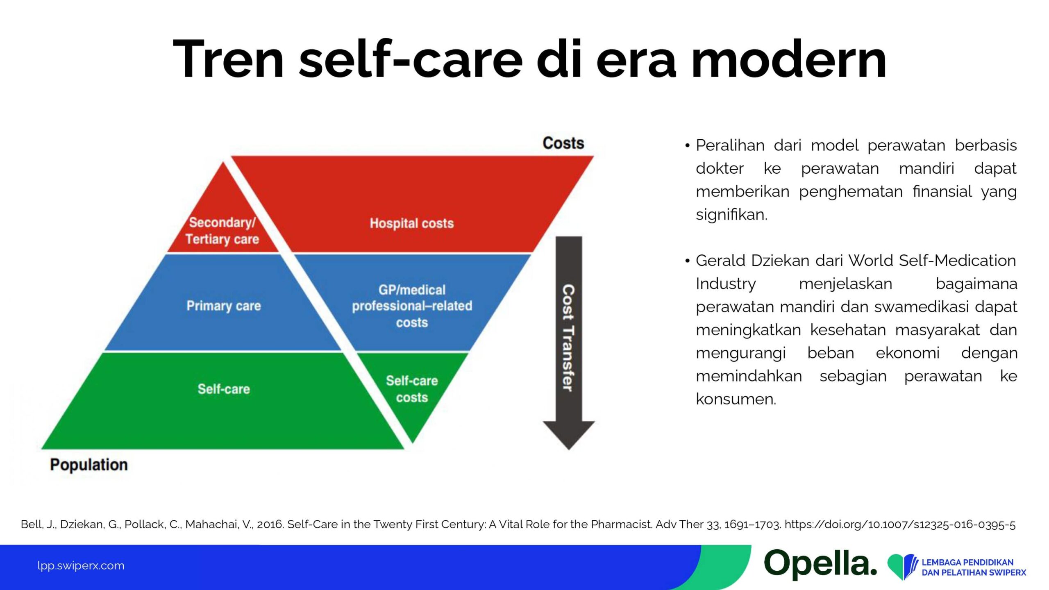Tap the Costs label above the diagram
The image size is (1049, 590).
point(563,143)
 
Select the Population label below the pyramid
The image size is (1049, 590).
point(89,465)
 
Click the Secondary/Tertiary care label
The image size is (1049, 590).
point(222,231)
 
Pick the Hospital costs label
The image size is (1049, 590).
point(412,223)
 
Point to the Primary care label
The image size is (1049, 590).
point(224,306)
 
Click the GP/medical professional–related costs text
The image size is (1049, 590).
point(412,306)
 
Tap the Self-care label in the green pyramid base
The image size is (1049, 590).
point(224,389)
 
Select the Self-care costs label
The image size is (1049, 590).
point(412,389)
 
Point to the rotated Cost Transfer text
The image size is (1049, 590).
point(568,338)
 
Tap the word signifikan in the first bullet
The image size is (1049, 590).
point(731,214)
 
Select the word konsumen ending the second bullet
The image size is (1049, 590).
point(736,399)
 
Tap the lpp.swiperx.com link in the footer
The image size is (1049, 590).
point(81,566)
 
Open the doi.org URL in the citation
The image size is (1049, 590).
point(900,524)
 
